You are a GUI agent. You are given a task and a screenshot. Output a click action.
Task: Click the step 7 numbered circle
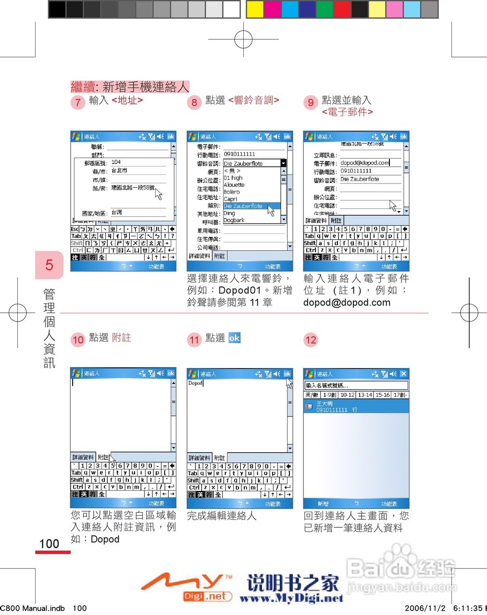78,102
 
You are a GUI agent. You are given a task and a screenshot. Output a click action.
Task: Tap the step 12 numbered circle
311,340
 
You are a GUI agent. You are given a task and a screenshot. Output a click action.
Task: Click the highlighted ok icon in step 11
234,338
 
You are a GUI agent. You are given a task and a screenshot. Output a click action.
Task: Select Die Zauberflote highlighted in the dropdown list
243,206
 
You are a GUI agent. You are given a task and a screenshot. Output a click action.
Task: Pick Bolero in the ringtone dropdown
232,192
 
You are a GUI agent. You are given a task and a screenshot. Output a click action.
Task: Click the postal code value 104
116,162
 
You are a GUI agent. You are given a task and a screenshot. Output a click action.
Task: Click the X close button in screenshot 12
403,374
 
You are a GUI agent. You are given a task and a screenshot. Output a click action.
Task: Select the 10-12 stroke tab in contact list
347,395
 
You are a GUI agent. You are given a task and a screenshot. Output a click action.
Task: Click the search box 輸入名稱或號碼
356,385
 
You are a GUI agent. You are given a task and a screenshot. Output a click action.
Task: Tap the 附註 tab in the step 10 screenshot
103,457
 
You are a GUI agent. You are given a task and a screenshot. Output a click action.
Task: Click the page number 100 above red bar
49,544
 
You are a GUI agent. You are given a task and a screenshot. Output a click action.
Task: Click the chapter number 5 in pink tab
49,265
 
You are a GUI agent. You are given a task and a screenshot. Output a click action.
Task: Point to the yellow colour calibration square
255,9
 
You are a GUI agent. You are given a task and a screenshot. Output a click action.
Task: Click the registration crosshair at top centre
243,39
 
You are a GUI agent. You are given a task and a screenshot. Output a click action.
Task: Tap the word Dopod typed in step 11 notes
195,383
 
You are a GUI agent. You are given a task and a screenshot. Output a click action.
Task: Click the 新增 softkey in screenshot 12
323,504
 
